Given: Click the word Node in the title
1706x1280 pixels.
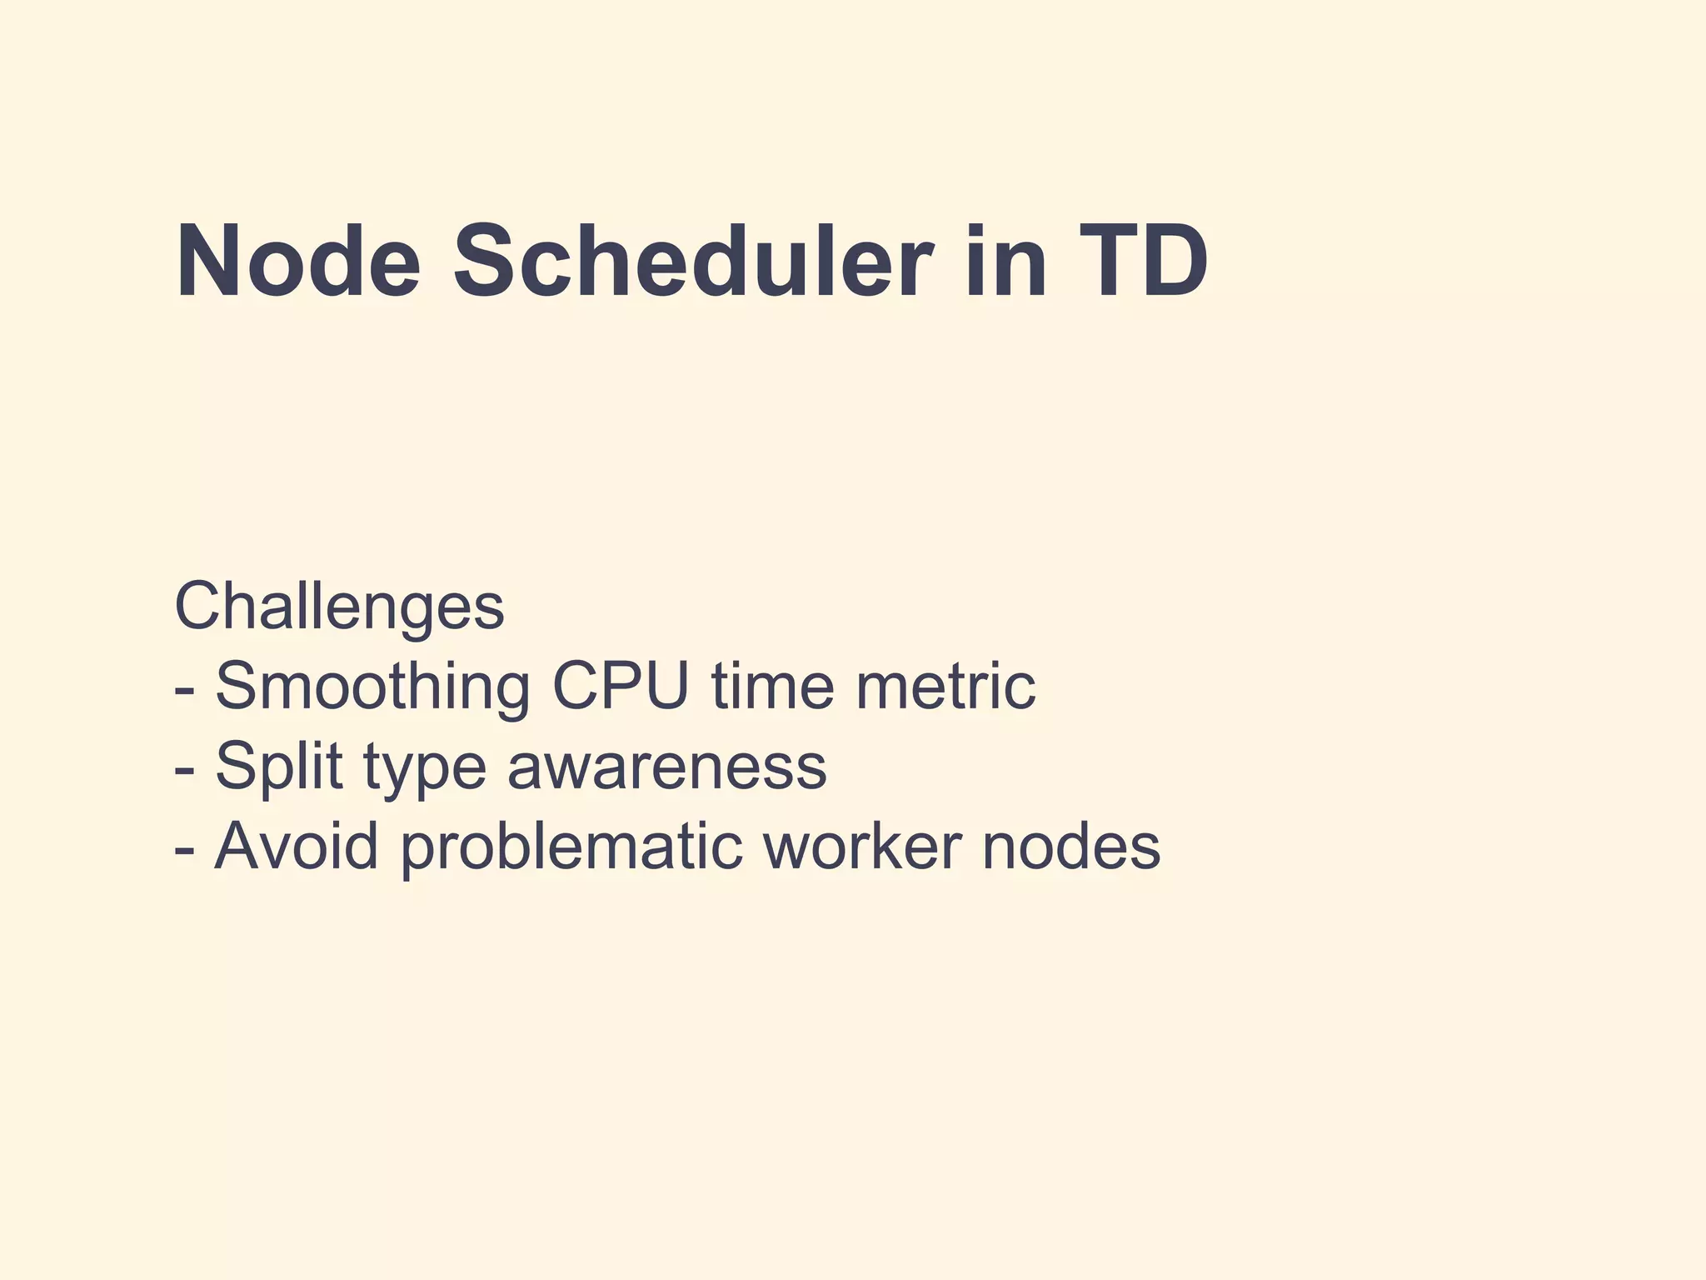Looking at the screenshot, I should tap(298, 262).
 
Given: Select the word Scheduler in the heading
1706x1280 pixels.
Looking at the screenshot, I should tap(691, 262).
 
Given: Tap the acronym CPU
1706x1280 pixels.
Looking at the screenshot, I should tap(621, 687).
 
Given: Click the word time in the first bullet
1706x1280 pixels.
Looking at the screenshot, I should tap(772, 687).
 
